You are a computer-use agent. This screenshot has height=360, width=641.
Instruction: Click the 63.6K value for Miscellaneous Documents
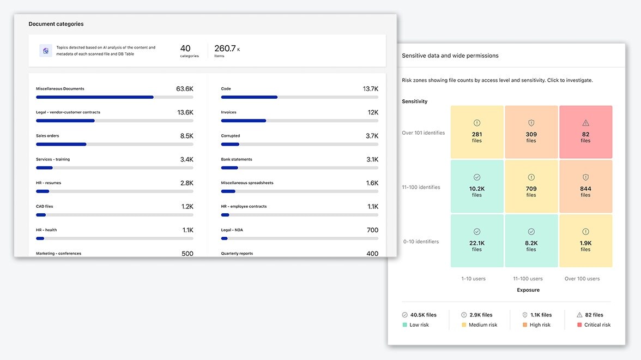pyautogui.click(x=185, y=89)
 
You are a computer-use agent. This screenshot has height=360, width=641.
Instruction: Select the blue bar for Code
pyautogui.click(x=250, y=97)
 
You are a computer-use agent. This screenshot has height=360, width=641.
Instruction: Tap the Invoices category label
pyautogui.click(x=228, y=112)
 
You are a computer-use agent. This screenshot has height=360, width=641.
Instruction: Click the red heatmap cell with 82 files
pyautogui.click(x=585, y=132)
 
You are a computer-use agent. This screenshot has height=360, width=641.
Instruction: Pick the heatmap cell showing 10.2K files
pyautogui.click(x=476, y=186)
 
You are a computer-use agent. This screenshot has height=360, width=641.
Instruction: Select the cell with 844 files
pyautogui.click(x=585, y=186)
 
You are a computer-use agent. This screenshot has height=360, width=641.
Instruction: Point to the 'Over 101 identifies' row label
pyautogui.click(x=423, y=133)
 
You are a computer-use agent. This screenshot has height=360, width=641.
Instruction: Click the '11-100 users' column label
pyautogui.click(x=528, y=279)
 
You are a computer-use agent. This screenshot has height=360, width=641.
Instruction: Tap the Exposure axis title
pyautogui.click(x=528, y=290)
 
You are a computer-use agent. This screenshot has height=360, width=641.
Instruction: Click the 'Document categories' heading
pyautogui.click(x=56, y=24)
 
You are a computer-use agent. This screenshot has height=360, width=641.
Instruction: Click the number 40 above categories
pyautogui.click(x=185, y=48)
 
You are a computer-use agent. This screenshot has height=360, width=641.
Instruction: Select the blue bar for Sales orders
pyautogui.click(x=61, y=145)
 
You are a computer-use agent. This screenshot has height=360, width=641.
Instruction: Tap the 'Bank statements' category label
pyautogui.click(x=237, y=159)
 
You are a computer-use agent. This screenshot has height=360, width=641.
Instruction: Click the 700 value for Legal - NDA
pyautogui.click(x=372, y=230)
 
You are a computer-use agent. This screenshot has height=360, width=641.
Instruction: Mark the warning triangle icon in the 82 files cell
pyautogui.click(x=585, y=123)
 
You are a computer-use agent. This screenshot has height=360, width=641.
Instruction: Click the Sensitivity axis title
pyautogui.click(x=414, y=101)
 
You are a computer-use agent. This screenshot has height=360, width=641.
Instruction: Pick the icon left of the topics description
pyautogui.click(x=46, y=51)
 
